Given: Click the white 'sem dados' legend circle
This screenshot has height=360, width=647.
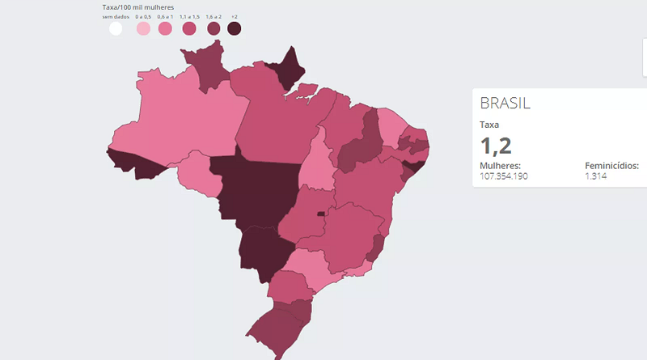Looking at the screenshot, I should point(116,29).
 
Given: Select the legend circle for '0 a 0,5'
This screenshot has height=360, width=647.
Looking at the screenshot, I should point(143,29).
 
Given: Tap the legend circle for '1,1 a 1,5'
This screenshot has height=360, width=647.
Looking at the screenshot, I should point(189,29).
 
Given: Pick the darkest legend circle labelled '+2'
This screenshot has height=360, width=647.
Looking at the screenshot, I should point(235,29).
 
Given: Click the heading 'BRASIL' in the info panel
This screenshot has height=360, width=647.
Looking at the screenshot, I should point(505,104).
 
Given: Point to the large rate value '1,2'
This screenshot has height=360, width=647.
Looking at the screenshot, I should point(496,146).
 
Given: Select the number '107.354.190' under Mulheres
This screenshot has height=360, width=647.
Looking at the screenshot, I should point(504,176).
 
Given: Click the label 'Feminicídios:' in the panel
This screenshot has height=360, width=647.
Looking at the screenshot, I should point(612,166).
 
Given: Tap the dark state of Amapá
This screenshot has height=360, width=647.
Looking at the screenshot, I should point(291,69).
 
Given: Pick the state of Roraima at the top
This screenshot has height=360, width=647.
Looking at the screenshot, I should point(206,65).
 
